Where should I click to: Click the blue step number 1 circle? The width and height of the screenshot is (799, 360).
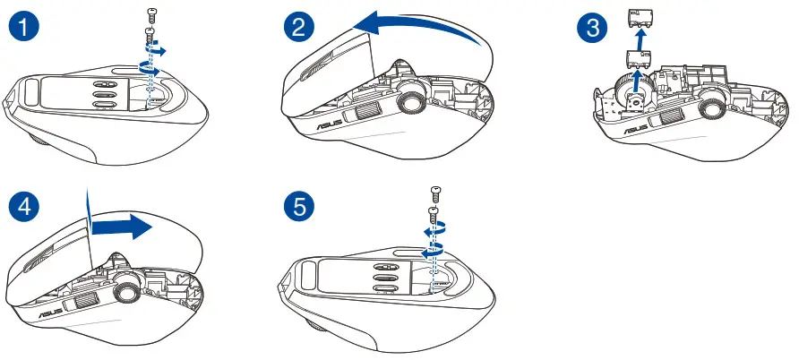tap(21, 26)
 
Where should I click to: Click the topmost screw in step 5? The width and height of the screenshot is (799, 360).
tap(434, 191)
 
